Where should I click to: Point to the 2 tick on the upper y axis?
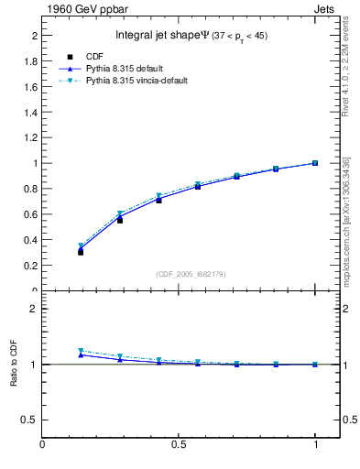(34, 36)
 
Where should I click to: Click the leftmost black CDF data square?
(81, 252)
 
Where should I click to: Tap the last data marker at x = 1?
(315, 163)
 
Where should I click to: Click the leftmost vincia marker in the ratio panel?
(81, 351)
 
